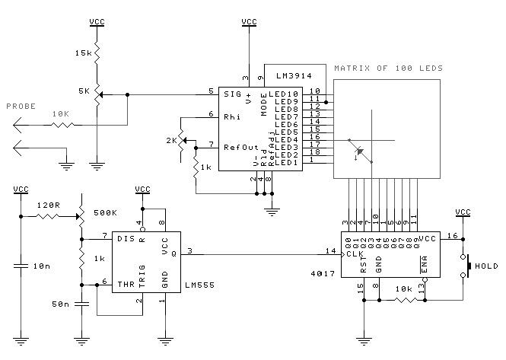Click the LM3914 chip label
[294, 76]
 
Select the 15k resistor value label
[84, 53]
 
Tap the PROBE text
[21, 107]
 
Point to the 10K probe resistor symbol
[63, 125]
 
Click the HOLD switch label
[486, 266]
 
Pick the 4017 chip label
[323, 273]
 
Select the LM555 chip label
[200, 285]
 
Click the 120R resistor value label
[49, 205]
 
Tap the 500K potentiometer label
[105, 213]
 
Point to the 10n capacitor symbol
[21, 266]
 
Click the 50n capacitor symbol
[81, 304]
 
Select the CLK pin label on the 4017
[355, 253]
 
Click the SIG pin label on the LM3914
[232, 94]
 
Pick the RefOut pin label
[241, 148]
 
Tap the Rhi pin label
[232, 117]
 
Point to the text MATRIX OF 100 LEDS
[388, 68]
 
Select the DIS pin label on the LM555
[126, 239]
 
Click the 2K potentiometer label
[172, 141]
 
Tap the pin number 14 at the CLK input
[331, 250]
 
